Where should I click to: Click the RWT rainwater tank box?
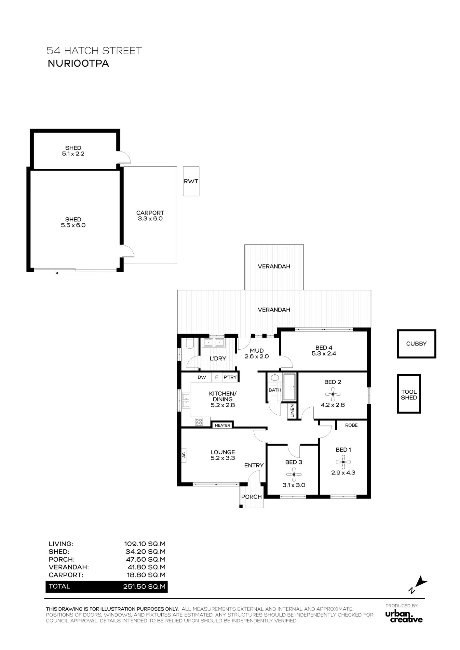(x=191, y=181)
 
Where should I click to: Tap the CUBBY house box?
(x=416, y=344)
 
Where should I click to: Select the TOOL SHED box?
(x=409, y=394)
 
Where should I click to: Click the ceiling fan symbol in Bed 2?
(x=333, y=395)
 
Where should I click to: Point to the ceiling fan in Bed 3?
(x=294, y=474)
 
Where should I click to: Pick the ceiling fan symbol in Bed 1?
(x=343, y=462)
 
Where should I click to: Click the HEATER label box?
(x=223, y=425)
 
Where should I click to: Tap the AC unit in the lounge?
(x=184, y=455)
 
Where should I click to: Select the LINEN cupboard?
(x=292, y=411)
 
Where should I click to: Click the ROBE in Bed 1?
(x=351, y=425)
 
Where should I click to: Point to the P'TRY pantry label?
(x=230, y=377)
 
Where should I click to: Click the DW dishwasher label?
(x=202, y=377)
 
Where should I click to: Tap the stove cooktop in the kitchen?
(x=199, y=422)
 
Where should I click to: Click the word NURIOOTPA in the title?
(x=78, y=63)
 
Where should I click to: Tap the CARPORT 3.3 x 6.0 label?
(x=150, y=216)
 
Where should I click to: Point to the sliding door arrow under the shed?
(x=75, y=273)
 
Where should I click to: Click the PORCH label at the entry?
(x=251, y=497)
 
